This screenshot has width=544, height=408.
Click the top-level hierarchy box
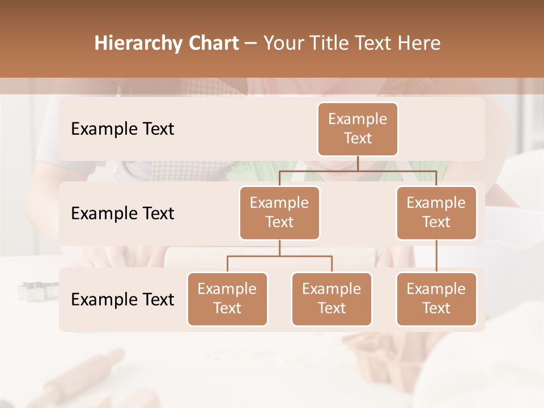[358, 129]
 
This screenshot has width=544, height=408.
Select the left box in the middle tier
[279, 212]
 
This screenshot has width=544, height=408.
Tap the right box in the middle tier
[436, 212]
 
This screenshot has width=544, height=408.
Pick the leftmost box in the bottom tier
[227, 299]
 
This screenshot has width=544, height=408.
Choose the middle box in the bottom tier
[331, 299]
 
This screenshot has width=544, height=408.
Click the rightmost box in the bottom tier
[436, 299]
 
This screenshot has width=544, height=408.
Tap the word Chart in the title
[211, 44]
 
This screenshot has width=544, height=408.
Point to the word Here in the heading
[419, 44]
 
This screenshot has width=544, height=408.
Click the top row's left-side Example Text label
[122, 129]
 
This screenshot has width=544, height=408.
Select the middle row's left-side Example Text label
[122, 214]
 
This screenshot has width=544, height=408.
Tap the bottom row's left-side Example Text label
[122, 299]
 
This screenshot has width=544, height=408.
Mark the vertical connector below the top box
[358, 163]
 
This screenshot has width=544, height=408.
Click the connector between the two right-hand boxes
[436, 256]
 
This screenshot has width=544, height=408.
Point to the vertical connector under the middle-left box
[279, 248]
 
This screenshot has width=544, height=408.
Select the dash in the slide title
[251, 44]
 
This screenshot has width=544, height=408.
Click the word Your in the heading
[284, 44]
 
